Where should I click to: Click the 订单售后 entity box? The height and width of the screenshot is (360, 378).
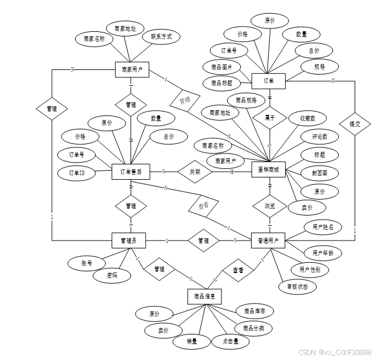point(131,171)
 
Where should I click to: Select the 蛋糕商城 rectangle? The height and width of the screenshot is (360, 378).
point(268,169)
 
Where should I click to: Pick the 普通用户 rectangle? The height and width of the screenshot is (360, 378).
point(268,241)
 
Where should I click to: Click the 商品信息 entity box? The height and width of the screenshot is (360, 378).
point(204,296)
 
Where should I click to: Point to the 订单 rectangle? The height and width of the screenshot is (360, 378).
point(269,81)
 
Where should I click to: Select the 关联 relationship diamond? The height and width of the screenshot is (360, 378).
point(195,171)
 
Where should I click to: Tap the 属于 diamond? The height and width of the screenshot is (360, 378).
point(269,118)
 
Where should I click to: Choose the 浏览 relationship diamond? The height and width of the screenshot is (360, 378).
point(269,205)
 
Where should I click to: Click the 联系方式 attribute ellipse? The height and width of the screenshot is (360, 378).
point(161,37)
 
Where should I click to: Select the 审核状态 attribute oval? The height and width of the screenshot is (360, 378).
point(297,287)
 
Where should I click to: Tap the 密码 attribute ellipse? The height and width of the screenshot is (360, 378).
point(112,275)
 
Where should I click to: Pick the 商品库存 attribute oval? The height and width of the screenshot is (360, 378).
point(254,311)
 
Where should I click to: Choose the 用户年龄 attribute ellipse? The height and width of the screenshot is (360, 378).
point(323,253)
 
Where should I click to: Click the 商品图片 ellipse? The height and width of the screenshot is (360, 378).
point(221,67)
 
